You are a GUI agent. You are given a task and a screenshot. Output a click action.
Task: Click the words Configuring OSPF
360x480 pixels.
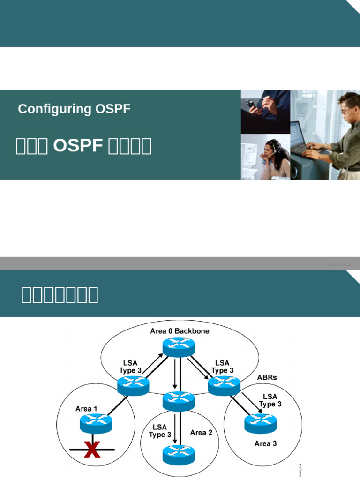tap(74, 109)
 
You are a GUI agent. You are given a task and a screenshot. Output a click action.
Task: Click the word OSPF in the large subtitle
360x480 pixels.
tap(78, 146)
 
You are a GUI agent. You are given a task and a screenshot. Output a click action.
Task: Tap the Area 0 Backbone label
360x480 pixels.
tap(180, 331)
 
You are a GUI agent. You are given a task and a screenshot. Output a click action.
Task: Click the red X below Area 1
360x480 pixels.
tap(92, 450)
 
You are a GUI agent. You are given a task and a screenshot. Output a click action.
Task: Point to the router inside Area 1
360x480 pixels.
tap(96, 424)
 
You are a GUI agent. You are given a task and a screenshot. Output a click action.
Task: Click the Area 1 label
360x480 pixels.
tap(86, 409)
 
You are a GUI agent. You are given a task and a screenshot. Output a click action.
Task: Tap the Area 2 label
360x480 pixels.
tap(201, 432)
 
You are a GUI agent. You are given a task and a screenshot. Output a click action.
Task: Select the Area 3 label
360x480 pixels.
tap(266, 443)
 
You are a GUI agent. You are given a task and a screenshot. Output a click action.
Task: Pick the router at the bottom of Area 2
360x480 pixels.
tap(178, 454)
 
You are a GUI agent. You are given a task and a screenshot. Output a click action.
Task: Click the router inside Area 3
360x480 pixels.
tap(260, 423)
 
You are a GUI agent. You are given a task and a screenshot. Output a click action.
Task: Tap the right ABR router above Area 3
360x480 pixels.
tap(224, 385)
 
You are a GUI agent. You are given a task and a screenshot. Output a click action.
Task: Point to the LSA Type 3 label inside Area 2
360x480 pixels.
tap(160, 431)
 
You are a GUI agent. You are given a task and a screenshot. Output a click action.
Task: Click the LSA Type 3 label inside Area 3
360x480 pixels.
tap(270, 400)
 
